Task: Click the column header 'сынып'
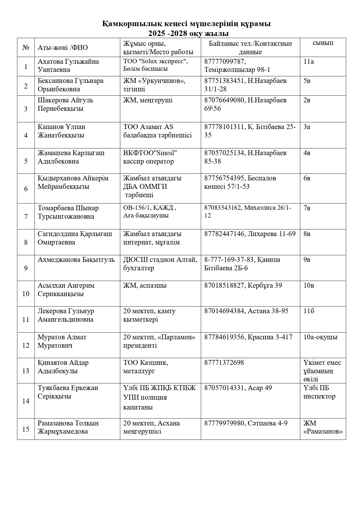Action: coord(323,43)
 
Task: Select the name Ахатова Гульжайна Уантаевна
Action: coord(68,66)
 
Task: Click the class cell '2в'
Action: coord(307,100)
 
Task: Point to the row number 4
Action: coord(26,135)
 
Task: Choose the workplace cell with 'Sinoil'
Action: coord(150,157)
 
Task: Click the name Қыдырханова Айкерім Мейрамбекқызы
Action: coord(73,182)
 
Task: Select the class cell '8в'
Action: coord(307,234)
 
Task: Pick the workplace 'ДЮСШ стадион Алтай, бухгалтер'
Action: coord(160,264)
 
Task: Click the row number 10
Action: coord(26,294)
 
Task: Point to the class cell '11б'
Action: coord(309,311)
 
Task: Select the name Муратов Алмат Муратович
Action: coord(62,341)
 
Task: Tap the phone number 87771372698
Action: coord(224,363)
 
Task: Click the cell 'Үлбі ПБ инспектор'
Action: coord(319,392)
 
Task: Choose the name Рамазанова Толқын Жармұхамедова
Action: coord(68,427)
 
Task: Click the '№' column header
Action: coord(26,47)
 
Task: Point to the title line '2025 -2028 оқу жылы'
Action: coord(188,33)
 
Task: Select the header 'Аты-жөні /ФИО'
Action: coord(63,48)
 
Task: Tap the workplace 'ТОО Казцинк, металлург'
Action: coord(146,367)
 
